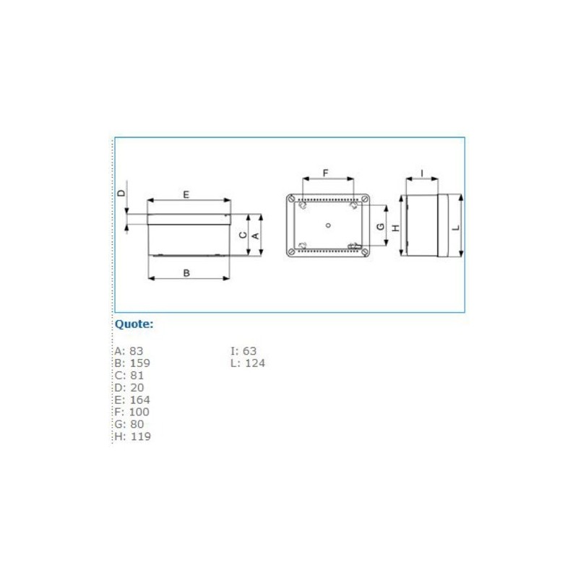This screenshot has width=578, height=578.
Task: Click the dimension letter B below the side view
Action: [186, 273]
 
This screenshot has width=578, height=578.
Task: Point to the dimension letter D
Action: [122, 192]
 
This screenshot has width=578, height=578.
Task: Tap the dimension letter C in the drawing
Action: [243, 235]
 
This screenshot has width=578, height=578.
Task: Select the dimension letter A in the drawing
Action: [255, 235]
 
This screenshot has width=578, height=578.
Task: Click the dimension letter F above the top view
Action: [326, 173]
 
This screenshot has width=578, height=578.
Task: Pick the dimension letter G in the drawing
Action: [381, 227]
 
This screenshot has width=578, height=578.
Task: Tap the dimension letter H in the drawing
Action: [395, 227]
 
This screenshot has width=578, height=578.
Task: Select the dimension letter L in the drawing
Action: [456, 227]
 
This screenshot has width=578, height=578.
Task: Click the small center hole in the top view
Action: [328, 225]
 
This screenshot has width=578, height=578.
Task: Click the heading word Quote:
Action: [134, 324]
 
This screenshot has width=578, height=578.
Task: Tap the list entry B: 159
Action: [132, 363]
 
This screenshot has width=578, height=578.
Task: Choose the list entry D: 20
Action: [129, 388]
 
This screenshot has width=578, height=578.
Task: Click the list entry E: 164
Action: [132, 400]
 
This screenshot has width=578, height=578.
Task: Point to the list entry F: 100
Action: [132, 413]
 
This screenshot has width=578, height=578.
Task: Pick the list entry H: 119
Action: [132, 437]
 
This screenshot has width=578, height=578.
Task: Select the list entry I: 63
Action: [243, 351]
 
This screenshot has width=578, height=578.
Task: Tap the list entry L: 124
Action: [247, 363]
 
